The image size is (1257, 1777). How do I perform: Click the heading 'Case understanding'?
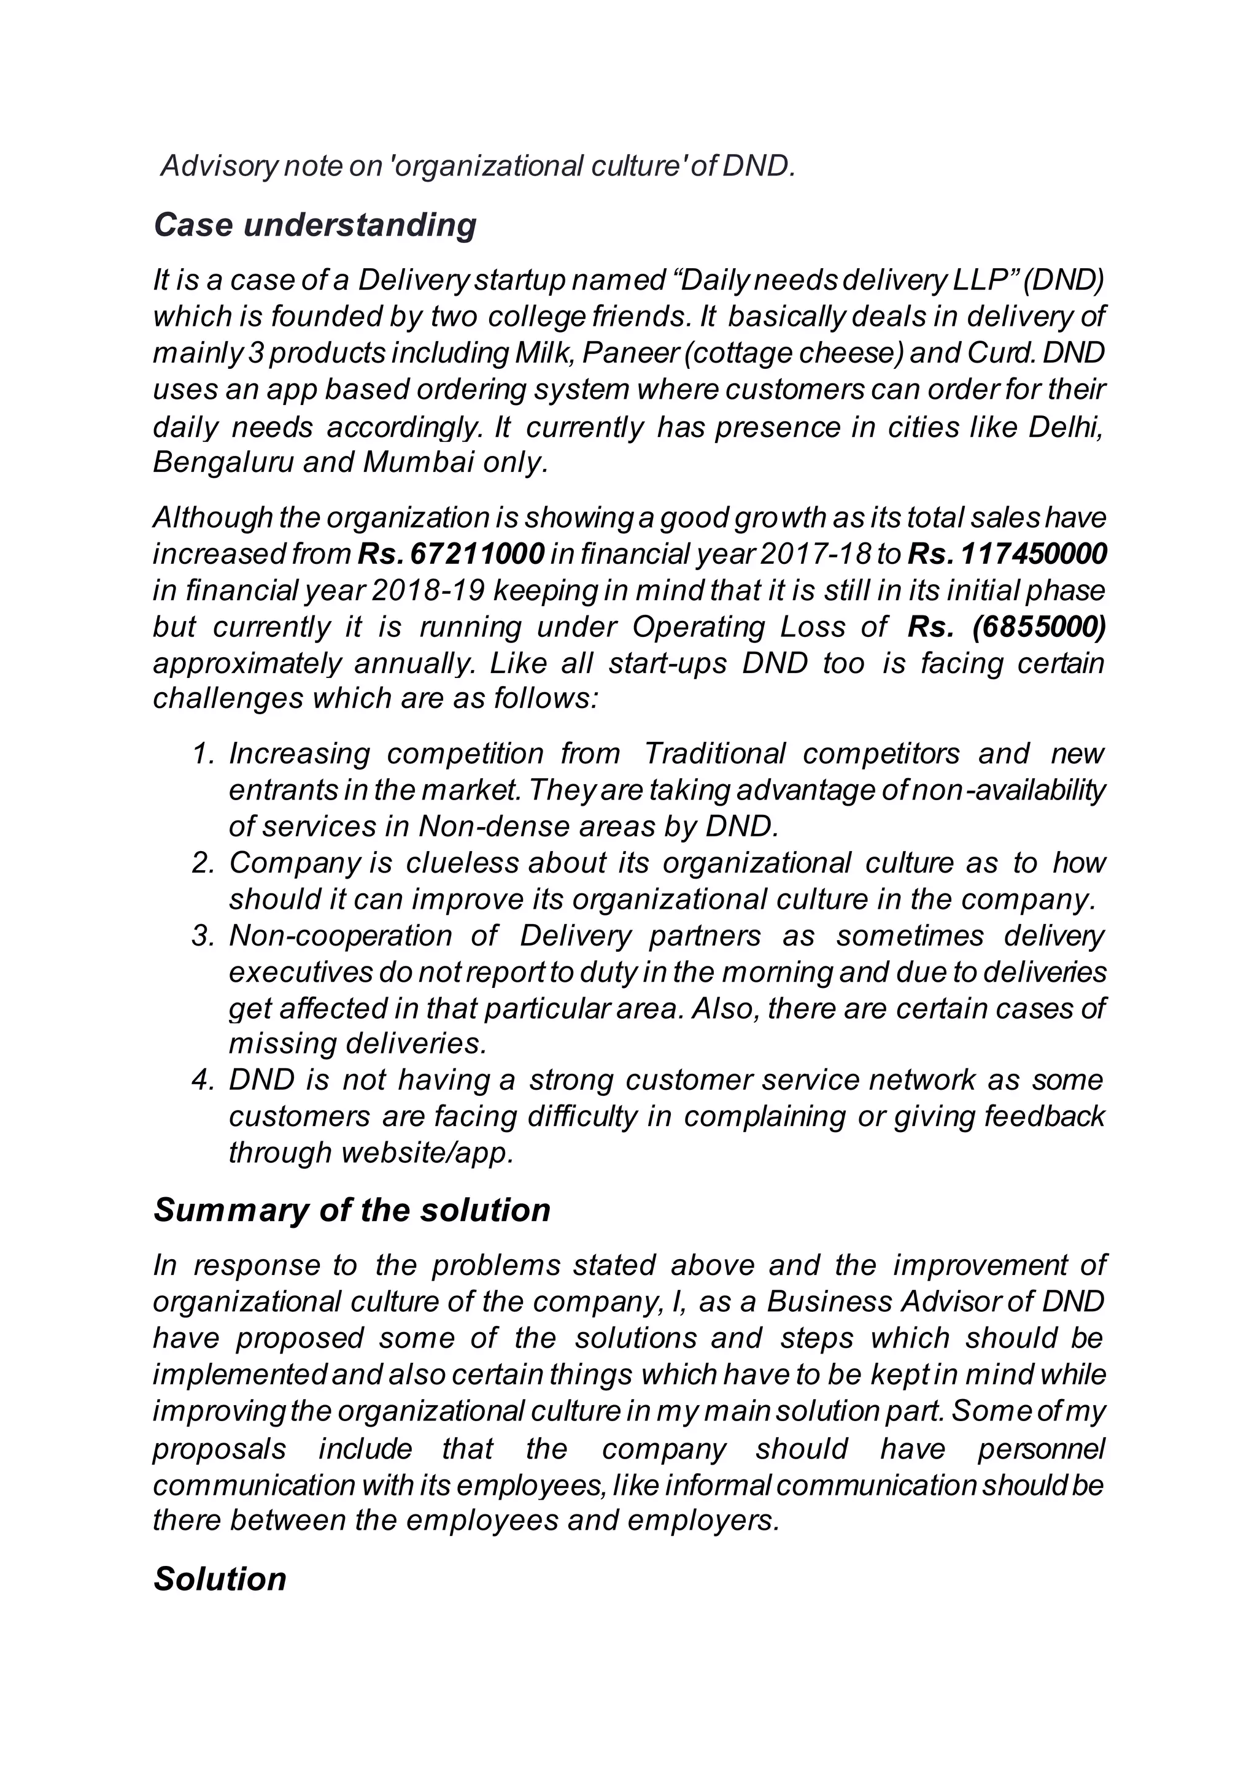point(314,225)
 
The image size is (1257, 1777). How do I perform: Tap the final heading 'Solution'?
point(220,1579)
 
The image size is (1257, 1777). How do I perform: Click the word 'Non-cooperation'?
point(340,936)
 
